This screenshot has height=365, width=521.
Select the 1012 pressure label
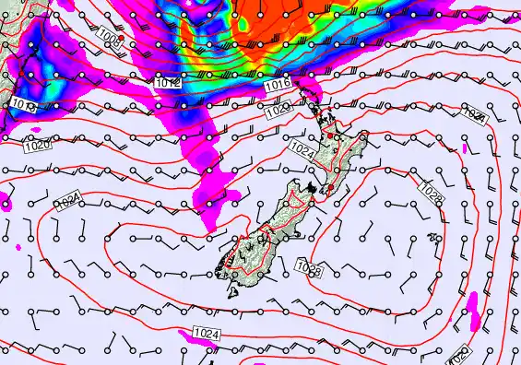click(x=167, y=83)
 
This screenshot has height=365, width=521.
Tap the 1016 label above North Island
click(x=278, y=85)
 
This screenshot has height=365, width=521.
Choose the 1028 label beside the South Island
click(x=310, y=269)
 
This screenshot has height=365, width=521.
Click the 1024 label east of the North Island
click(x=475, y=114)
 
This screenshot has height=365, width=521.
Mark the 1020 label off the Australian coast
click(x=38, y=146)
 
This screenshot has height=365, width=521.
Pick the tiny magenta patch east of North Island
click(x=465, y=147)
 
